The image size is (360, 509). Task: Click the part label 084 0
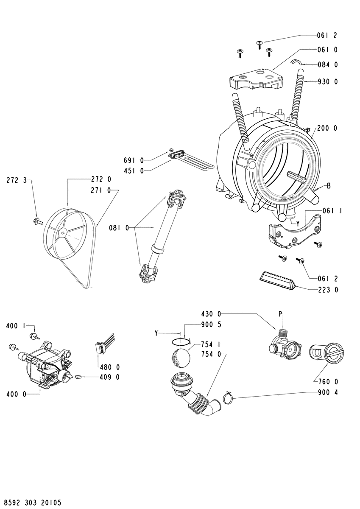tap(327, 65)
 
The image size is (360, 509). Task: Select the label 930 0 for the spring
tap(327, 81)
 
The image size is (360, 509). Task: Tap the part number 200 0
tap(327, 129)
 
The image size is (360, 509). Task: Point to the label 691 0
tap(134, 160)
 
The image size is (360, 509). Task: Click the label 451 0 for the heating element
tap(134, 171)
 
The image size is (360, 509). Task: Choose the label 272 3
tap(16, 181)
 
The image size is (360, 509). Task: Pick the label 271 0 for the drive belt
tap(100, 190)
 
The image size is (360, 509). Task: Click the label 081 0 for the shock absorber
tap(119, 228)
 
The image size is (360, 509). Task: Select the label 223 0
tap(327, 290)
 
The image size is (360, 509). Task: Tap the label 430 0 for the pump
tap(211, 314)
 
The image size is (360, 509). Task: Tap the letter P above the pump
tap(280, 314)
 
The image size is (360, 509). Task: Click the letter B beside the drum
tap(329, 186)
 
